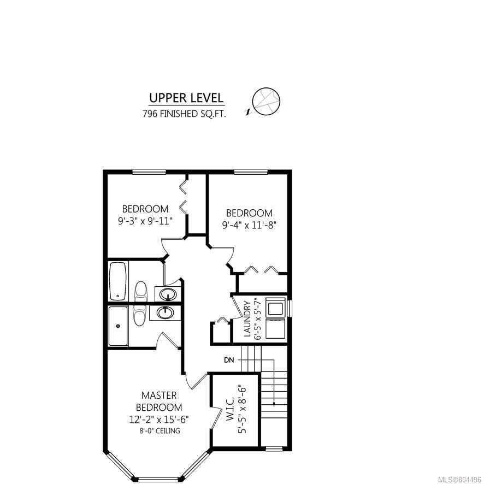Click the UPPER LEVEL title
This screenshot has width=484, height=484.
tap(186, 98)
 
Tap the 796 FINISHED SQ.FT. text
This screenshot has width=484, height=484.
tap(184, 114)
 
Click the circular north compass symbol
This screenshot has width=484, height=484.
tap(266, 102)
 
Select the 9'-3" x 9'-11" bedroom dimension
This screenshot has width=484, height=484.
tap(145, 221)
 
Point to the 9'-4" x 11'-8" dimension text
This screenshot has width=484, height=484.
tap(249, 225)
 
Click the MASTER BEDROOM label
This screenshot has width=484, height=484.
tap(159, 402)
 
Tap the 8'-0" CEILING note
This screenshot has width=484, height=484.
tap(160, 430)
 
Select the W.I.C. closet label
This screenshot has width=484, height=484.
tap(231, 409)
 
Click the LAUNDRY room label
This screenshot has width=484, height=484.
tap(247, 319)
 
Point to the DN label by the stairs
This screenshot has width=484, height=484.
tap(229, 360)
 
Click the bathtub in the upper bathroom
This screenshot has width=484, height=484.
tap(118, 281)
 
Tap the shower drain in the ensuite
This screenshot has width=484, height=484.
tap(117, 326)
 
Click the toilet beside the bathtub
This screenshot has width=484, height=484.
tap(141, 291)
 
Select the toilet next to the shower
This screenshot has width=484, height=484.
tap(139, 315)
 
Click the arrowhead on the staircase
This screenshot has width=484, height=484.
tap(274, 403)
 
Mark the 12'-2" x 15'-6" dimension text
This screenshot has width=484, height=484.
tap(159, 420)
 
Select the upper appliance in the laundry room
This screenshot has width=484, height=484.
tap(275, 308)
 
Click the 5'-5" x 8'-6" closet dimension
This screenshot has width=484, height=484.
tap(243, 409)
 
